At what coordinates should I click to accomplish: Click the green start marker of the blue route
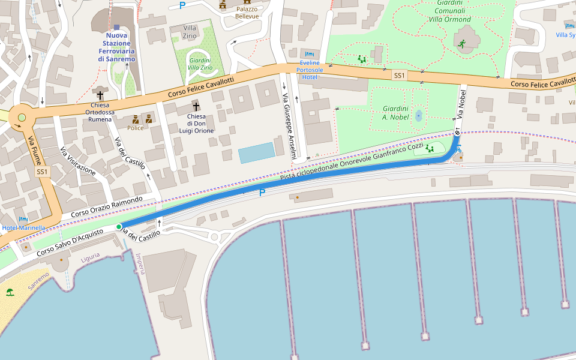click(x=119, y=226)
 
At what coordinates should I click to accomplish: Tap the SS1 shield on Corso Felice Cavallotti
click(x=399, y=75)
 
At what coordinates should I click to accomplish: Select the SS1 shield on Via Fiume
click(x=41, y=172)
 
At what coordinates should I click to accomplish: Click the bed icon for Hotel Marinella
click(x=23, y=220)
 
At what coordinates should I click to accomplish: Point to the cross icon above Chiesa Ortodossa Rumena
click(x=100, y=95)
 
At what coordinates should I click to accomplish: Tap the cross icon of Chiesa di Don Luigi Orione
click(x=196, y=106)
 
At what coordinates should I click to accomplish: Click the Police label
click(x=136, y=128)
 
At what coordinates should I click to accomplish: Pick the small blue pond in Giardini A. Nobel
click(x=418, y=115)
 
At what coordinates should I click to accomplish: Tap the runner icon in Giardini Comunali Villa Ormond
click(x=461, y=44)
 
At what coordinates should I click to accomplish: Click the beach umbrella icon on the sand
click(x=10, y=293)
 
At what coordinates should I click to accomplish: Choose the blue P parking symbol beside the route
click(x=262, y=193)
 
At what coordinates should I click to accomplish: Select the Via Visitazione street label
click(x=78, y=160)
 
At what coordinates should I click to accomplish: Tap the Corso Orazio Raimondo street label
click(x=106, y=207)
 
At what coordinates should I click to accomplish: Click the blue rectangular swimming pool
click(x=256, y=154)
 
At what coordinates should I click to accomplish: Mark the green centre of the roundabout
click(x=22, y=118)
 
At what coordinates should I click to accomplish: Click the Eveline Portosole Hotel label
click(x=310, y=70)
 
